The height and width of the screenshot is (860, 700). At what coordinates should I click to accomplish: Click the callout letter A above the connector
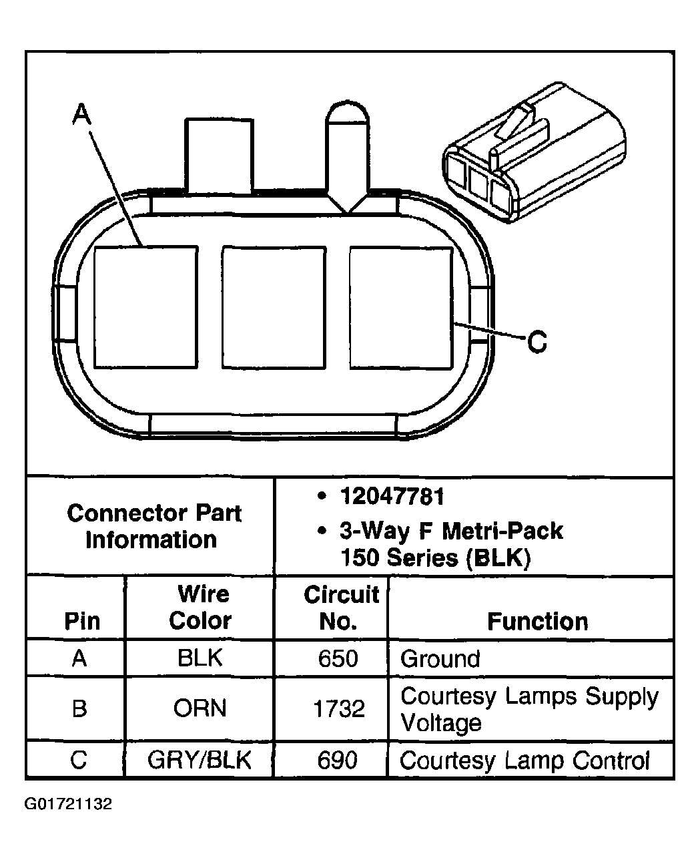tap(81, 115)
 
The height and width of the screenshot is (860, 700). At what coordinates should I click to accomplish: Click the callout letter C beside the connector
tap(537, 342)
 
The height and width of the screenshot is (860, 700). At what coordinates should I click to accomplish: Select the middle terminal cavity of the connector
tap(274, 307)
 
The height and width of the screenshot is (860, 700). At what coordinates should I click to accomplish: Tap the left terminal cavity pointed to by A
tap(146, 307)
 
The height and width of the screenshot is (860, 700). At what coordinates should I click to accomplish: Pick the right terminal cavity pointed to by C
tap(401, 307)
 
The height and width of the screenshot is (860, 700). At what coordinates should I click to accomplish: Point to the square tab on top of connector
tap(220, 156)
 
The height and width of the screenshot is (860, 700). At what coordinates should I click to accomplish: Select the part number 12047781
tap(392, 497)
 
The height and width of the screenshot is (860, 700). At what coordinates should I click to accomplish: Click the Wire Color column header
tap(200, 608)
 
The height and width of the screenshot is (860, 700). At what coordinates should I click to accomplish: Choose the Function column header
tap(537, 622)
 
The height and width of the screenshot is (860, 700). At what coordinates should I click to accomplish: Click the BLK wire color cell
tap(200, 658)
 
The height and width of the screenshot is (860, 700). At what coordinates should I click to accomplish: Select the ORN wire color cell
tap(200, 708)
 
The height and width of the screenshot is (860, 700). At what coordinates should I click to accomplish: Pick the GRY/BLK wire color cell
tap(200, 761)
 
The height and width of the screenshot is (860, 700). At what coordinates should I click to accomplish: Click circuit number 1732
tap(339, 708)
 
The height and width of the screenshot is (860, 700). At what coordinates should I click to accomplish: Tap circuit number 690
tap(338, 761)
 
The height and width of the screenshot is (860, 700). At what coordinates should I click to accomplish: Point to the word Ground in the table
tap(440, 659)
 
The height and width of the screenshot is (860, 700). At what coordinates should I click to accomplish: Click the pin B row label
tap(79, 708)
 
